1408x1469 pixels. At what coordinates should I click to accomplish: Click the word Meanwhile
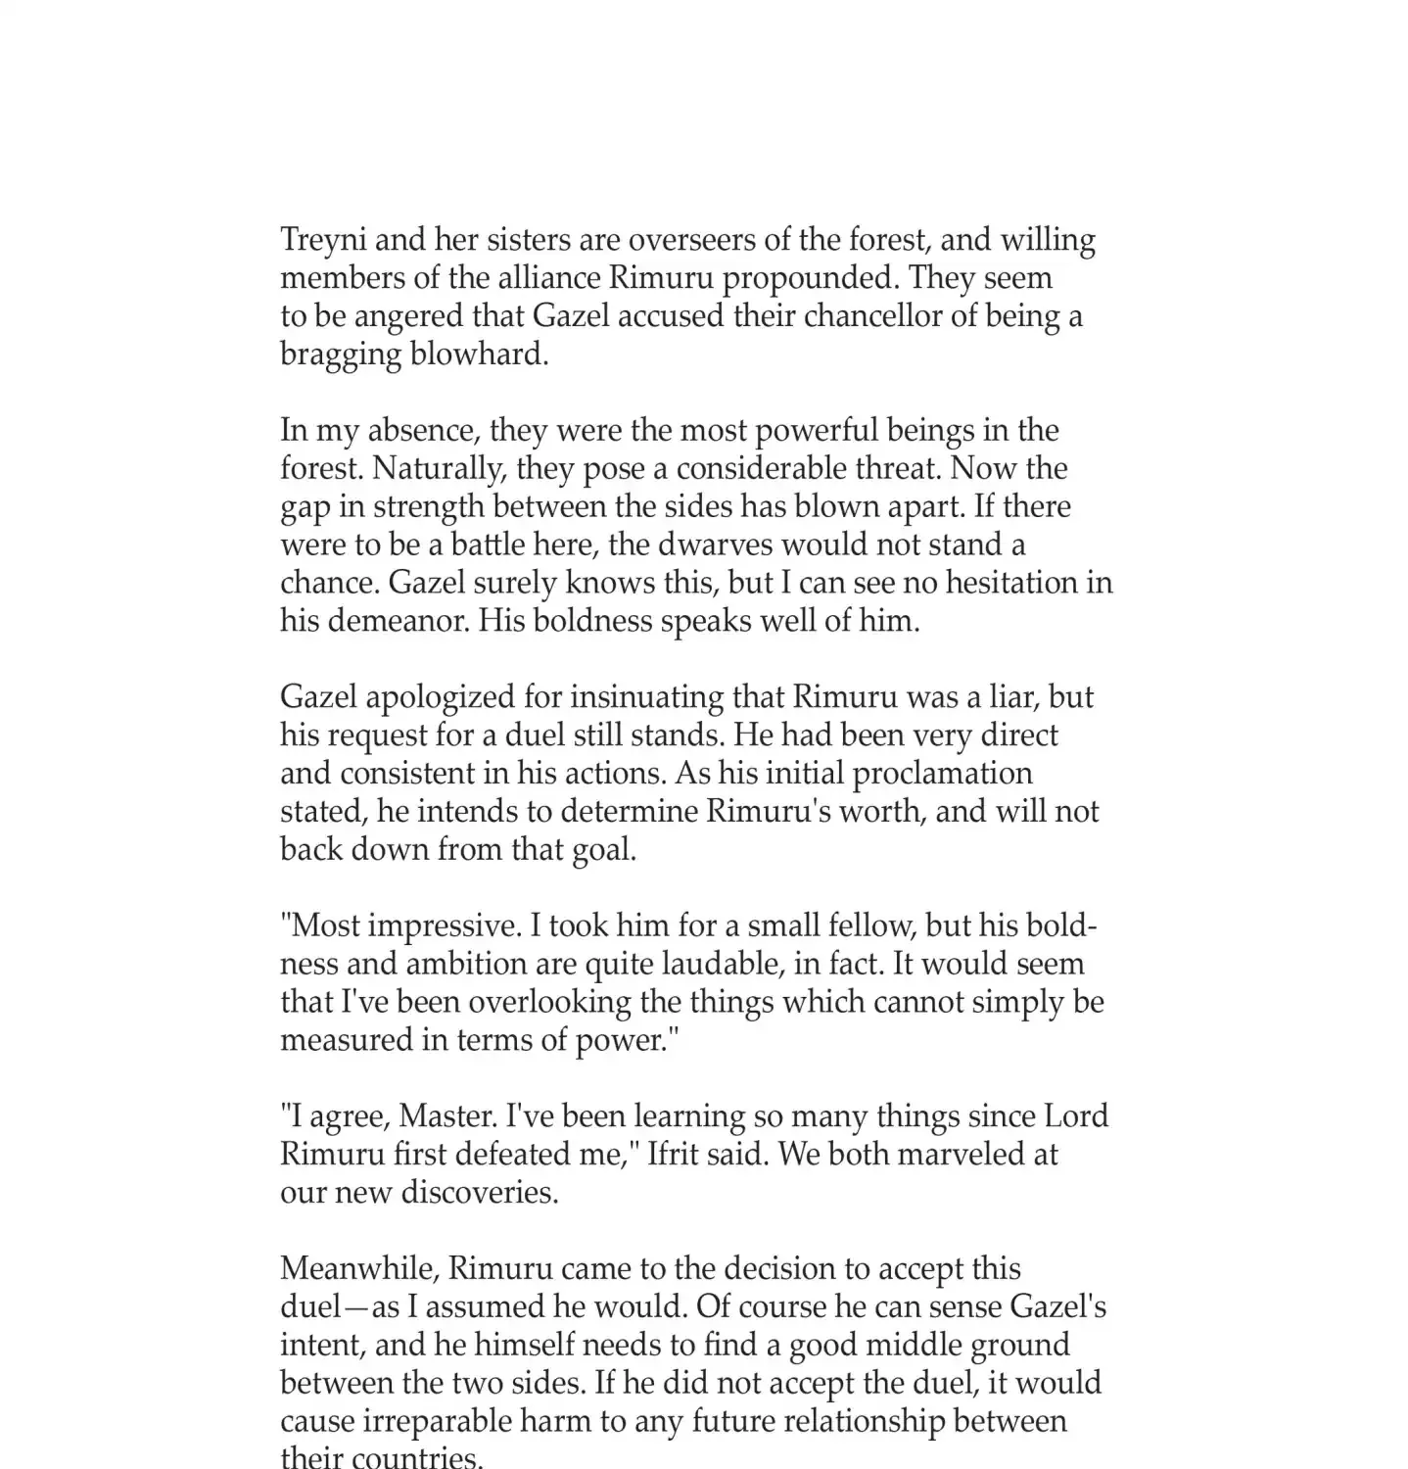coord(359,1269)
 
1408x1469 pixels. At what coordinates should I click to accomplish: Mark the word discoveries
coord(481,1193)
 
